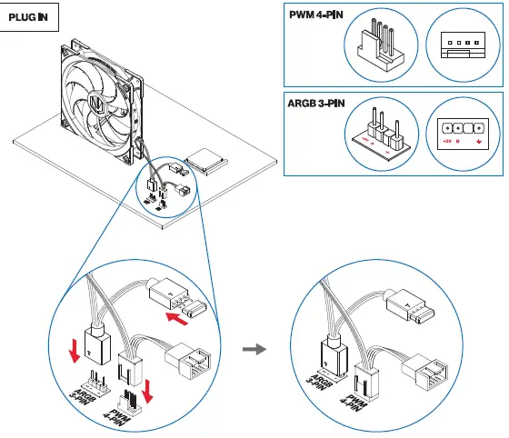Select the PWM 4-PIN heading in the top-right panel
pos(314,16)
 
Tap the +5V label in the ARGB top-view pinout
pos(445,142)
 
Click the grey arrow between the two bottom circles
pos(261,347)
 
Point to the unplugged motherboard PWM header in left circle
pos(128,398)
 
